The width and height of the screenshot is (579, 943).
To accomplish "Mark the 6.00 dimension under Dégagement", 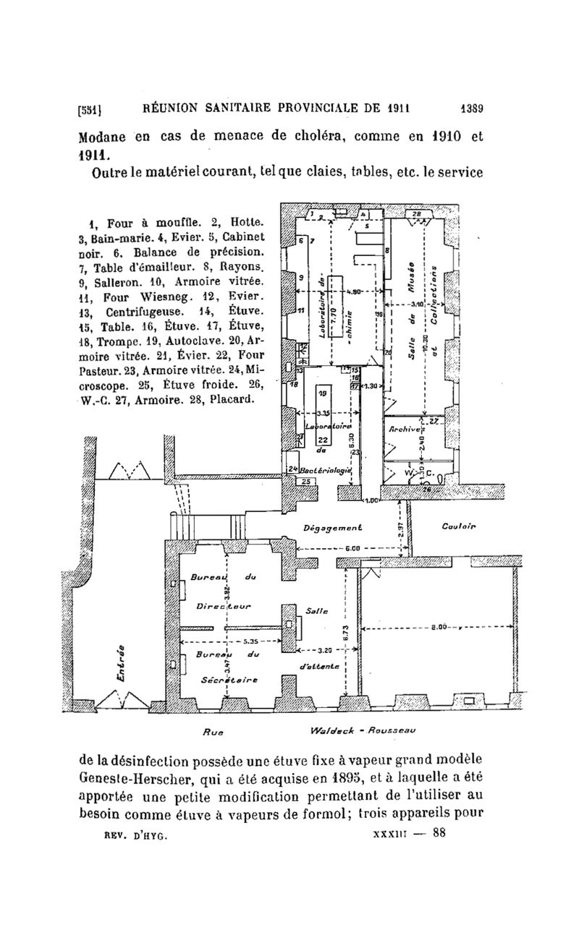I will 352,548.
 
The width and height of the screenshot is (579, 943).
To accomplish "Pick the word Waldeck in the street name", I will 331,730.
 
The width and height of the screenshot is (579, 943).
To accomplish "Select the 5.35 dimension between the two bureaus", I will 251,641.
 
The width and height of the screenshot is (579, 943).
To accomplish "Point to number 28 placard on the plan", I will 418,215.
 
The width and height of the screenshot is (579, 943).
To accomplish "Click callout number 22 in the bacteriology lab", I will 323,440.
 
